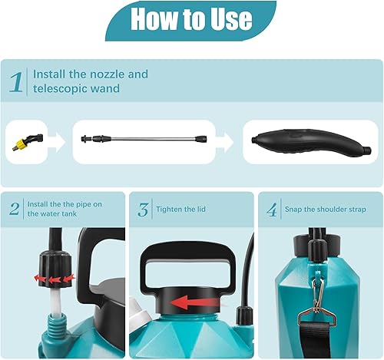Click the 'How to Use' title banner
coord(191,19)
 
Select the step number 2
coord(15,210)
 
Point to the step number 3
coord(144,210)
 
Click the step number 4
coord(272,210)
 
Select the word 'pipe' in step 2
coord(82,203)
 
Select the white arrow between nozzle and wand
coord(56,140)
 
